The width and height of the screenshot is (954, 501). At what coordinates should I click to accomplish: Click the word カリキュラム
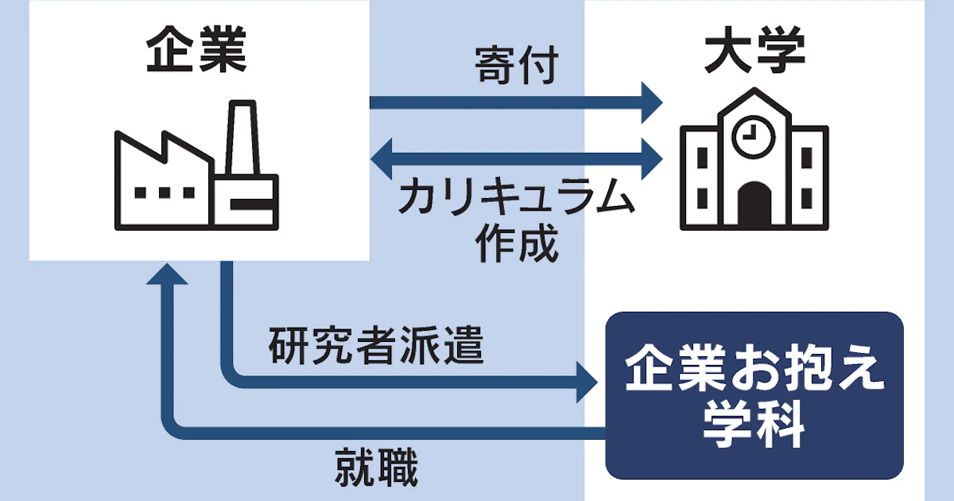tap(518, 199)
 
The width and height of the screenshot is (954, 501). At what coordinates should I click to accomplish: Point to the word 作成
tap(517, 243)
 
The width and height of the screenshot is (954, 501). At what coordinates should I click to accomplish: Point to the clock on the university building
tap(748, 138)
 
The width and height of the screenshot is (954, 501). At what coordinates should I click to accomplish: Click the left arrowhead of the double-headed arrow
tap(382, 157)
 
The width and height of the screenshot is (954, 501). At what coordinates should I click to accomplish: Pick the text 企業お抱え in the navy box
tap(754, 372)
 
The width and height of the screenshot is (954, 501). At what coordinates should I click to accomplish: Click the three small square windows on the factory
tap(165, 192)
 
